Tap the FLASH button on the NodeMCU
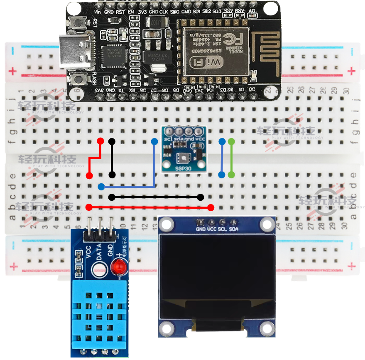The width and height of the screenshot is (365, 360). (78, 79)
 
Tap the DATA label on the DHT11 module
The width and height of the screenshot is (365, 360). (99, 252)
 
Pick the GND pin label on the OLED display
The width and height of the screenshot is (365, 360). (201, 229)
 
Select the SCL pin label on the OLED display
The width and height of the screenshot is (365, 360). (223, 229)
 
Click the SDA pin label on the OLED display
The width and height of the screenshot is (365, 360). (234, 229)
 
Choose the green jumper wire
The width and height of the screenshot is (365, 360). (231, 158)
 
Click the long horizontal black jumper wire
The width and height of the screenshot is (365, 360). (156, 197)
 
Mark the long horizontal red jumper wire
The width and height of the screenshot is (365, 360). (149, 207)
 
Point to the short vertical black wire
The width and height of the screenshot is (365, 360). (111, 158)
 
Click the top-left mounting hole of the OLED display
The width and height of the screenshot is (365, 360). (167, 225)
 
